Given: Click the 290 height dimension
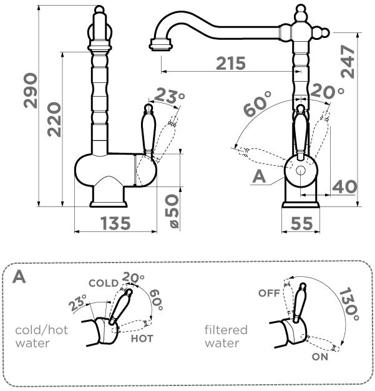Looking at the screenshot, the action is [30, 90].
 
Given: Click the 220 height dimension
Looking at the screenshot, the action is [54, 120].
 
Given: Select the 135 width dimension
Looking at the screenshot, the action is [116, 223].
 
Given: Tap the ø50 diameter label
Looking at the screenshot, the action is [172, 211].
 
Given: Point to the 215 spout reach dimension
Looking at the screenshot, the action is [231, 64].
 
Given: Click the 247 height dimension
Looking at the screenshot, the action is [348, 62].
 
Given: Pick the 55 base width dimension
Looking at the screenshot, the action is [301, 223].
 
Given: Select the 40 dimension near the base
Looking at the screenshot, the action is [344, 186].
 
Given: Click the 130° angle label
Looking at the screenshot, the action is [349, 305].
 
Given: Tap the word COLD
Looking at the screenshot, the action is [104, 283].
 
